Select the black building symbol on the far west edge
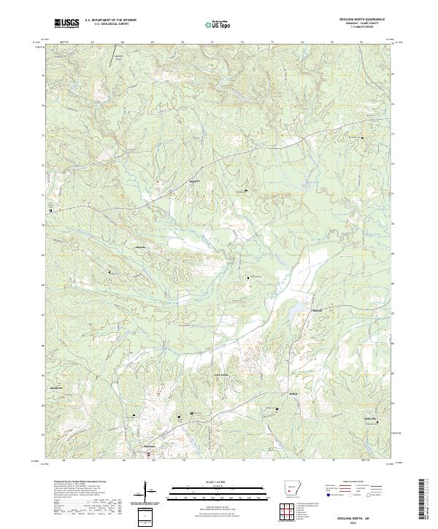(x=50, y=209)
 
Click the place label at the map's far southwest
(x=56, y=387)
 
